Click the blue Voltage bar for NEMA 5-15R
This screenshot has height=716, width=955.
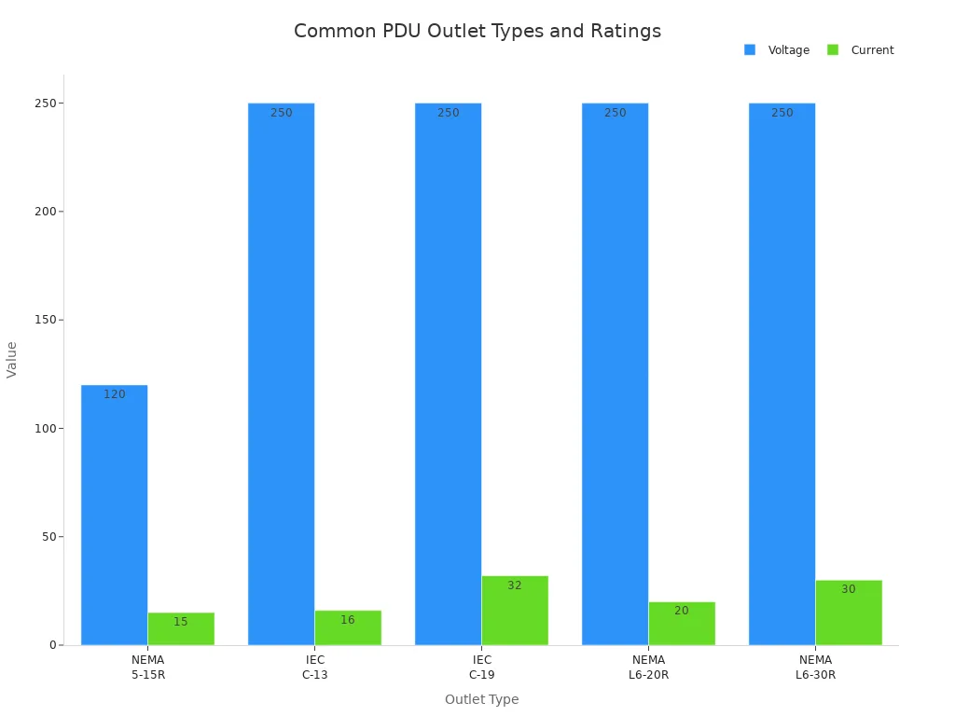click(x=114, y=515)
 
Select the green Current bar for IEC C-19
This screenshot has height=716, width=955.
click(x=515, y=611)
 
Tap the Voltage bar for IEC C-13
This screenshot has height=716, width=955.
click(x=281, y=373)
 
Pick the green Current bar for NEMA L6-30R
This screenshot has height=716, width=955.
click(x=849, y=613)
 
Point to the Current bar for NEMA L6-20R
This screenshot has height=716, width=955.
click(x=682, y=623)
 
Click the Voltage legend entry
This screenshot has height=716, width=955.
click(x=777, y=50)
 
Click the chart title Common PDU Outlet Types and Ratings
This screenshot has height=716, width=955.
click(x=477, y=31)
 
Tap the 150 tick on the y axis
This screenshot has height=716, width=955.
click(x=43, y=320)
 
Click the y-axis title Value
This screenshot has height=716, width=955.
click(x=12, y=359)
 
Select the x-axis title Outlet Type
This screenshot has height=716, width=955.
click(x=481, y=699)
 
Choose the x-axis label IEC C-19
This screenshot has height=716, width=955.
click(x=481, y=668)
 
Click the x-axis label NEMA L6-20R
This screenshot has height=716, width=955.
click(x=648, y=668)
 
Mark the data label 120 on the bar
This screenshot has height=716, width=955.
click(x=114, y=394)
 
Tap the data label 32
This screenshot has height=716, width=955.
click(x=515, y=585)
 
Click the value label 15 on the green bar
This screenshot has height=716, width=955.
click(x=181, y=622)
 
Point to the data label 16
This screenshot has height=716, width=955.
click(x=348, y=620)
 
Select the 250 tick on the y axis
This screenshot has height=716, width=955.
click(x=43, y=103)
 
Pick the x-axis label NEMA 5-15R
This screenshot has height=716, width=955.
click(x=147, y=668)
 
